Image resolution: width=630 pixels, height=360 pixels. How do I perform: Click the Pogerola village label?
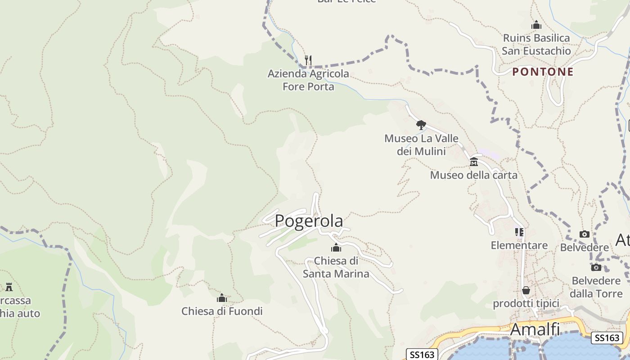point(309,221)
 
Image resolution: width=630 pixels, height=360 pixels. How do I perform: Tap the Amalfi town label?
point(535,329)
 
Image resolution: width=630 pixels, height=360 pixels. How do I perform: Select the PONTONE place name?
point(543,72)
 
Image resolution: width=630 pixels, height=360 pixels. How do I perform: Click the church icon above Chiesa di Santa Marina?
point(336,248)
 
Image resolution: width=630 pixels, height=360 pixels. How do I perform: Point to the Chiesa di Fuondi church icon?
point(222,298)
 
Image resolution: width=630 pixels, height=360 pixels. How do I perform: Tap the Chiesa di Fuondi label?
point(222,311)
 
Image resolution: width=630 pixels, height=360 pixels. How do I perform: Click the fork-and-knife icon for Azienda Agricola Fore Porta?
point(308,60)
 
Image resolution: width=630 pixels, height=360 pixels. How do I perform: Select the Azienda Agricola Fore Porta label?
point(308,80)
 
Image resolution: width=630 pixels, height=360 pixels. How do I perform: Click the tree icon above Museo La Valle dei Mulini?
point(421,125)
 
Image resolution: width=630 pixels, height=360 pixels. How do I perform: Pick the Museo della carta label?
point(474,175)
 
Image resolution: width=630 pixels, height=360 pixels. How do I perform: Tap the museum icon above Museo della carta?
point(474,162)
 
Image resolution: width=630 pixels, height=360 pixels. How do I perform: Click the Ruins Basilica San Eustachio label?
point(536,44)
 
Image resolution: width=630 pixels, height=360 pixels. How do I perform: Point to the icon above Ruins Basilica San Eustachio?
point(536,25)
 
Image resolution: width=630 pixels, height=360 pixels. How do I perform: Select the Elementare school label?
point(519,245)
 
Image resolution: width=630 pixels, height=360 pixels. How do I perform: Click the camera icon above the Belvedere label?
point(585,234)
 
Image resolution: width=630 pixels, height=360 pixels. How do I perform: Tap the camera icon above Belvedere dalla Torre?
point(596,267)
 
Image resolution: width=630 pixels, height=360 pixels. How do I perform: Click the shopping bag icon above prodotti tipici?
point(526,290)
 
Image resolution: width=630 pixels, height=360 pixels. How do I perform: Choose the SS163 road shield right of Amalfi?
point(607,338)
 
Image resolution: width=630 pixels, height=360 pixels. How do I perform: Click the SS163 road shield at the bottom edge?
point(423,355)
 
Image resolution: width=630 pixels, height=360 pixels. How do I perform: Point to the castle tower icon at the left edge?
point(9,287)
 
